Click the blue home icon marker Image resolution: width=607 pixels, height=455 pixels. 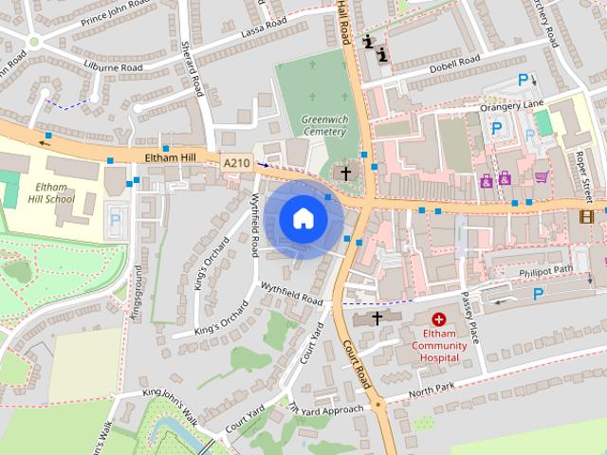click(303, 219)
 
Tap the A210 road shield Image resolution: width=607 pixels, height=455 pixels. click(237, 164)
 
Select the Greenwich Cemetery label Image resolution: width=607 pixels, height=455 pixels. click(325, 126)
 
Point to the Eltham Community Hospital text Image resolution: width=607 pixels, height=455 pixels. click(439, 346)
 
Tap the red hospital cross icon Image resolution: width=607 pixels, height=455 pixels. click(439, 321)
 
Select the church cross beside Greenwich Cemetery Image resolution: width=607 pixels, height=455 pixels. click(346, 173)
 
